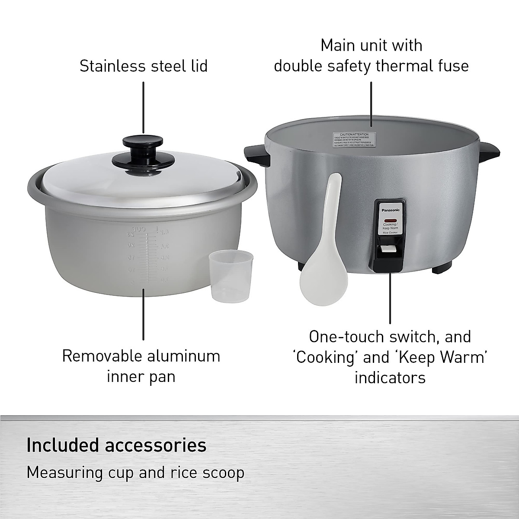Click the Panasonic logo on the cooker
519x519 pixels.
tap(391, 210)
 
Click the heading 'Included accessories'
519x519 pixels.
tap(116, 445)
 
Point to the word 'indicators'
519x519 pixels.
tap(390, 378)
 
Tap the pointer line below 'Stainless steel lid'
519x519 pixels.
tap(143, 108)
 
